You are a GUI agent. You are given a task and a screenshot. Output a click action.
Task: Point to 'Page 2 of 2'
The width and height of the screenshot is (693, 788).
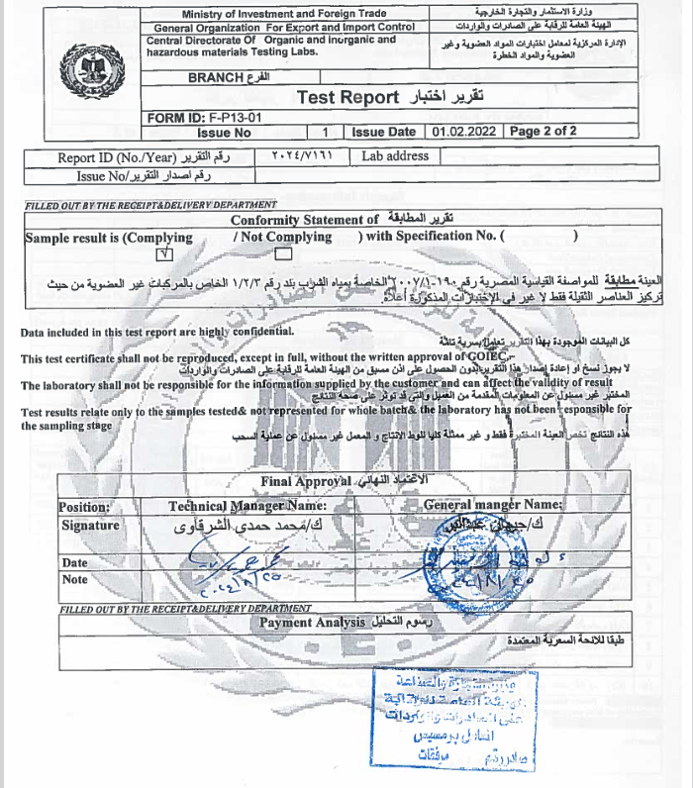coord(544,132)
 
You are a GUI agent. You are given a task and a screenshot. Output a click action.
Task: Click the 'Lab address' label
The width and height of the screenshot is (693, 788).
coord(395,156)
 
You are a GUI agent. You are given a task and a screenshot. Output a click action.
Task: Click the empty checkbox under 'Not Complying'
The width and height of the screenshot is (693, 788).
coord(281,254)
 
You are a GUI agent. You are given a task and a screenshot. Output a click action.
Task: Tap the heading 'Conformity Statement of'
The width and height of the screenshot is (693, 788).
coord(304,221)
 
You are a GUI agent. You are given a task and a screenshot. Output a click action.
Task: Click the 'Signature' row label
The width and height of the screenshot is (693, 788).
coord(90,526)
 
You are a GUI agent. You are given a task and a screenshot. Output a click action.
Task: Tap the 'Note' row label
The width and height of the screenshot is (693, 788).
coord(75,580)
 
